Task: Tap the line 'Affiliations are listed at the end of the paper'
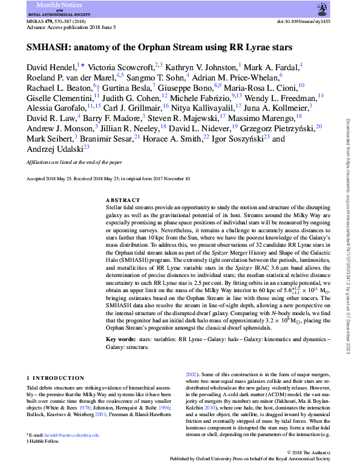[x=74, y=163]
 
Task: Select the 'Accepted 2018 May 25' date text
[x=52, y=179]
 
